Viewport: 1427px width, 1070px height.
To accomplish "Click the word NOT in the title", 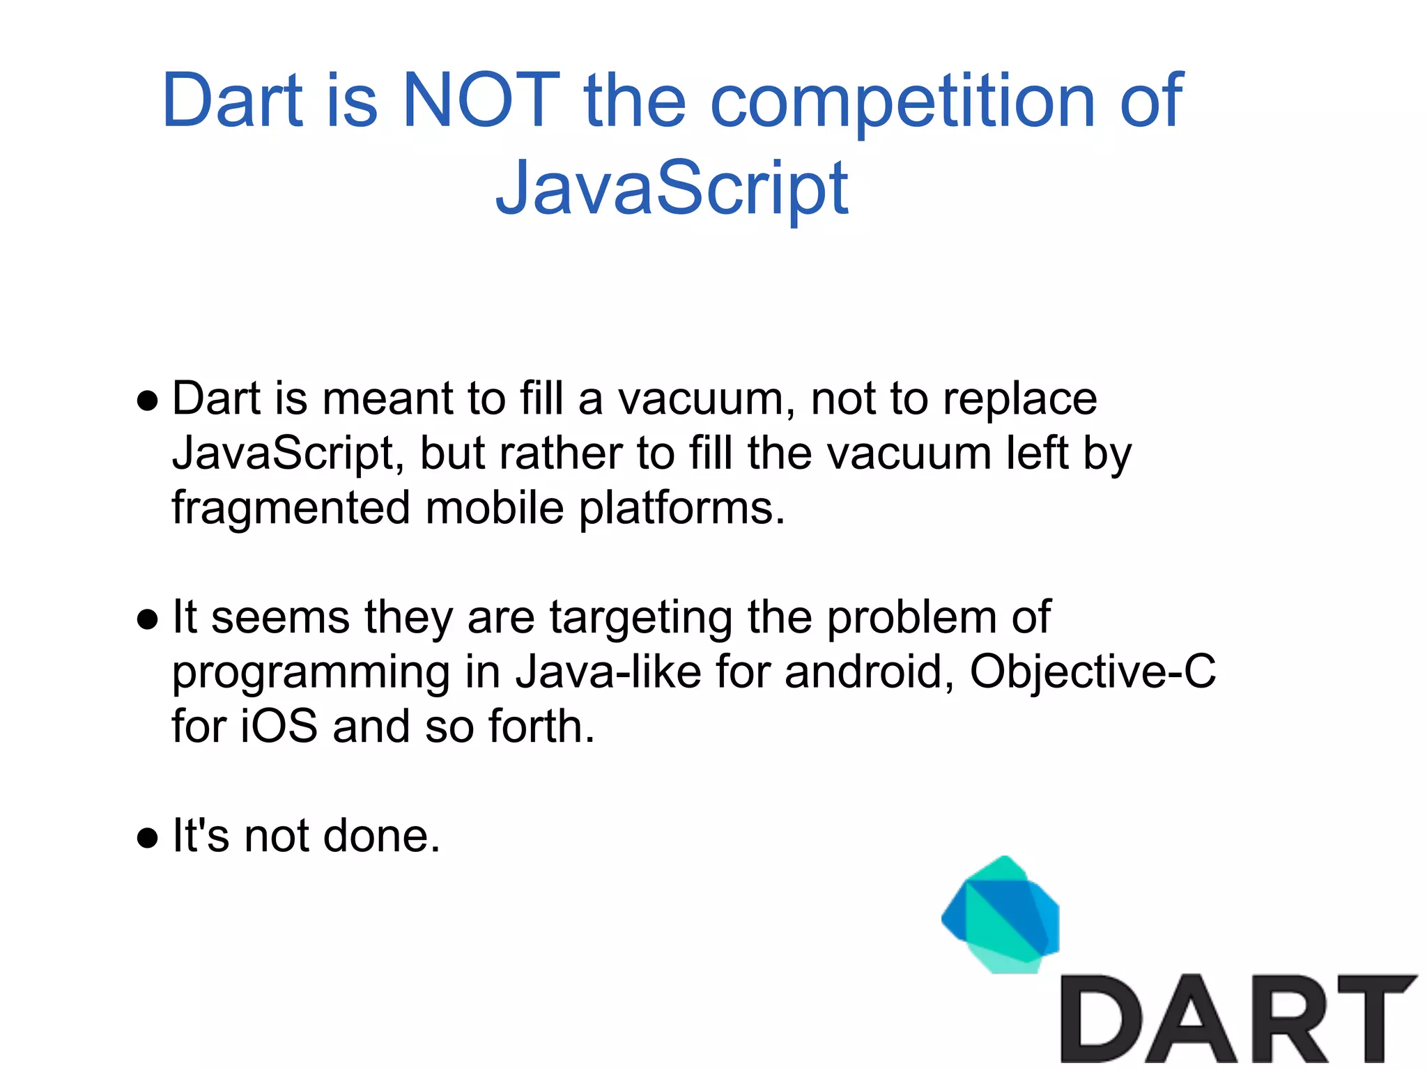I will tap(481, 101).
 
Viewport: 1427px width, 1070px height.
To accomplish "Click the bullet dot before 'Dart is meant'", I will tap(148, 401).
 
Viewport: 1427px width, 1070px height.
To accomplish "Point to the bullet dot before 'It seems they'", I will tap(148, 619).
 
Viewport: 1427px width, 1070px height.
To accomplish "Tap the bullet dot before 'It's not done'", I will tap(148, 838).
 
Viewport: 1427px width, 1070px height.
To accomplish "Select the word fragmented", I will tap(291, 509).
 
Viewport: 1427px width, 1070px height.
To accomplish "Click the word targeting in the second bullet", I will tap(641, 619).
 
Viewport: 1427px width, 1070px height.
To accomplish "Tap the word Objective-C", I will tap(1092, 673).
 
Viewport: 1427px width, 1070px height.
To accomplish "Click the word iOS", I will tap(279, 727).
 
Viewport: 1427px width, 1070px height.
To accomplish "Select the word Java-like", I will tap(608, 673).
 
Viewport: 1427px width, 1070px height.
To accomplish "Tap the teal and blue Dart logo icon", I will tap(1001, 915).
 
